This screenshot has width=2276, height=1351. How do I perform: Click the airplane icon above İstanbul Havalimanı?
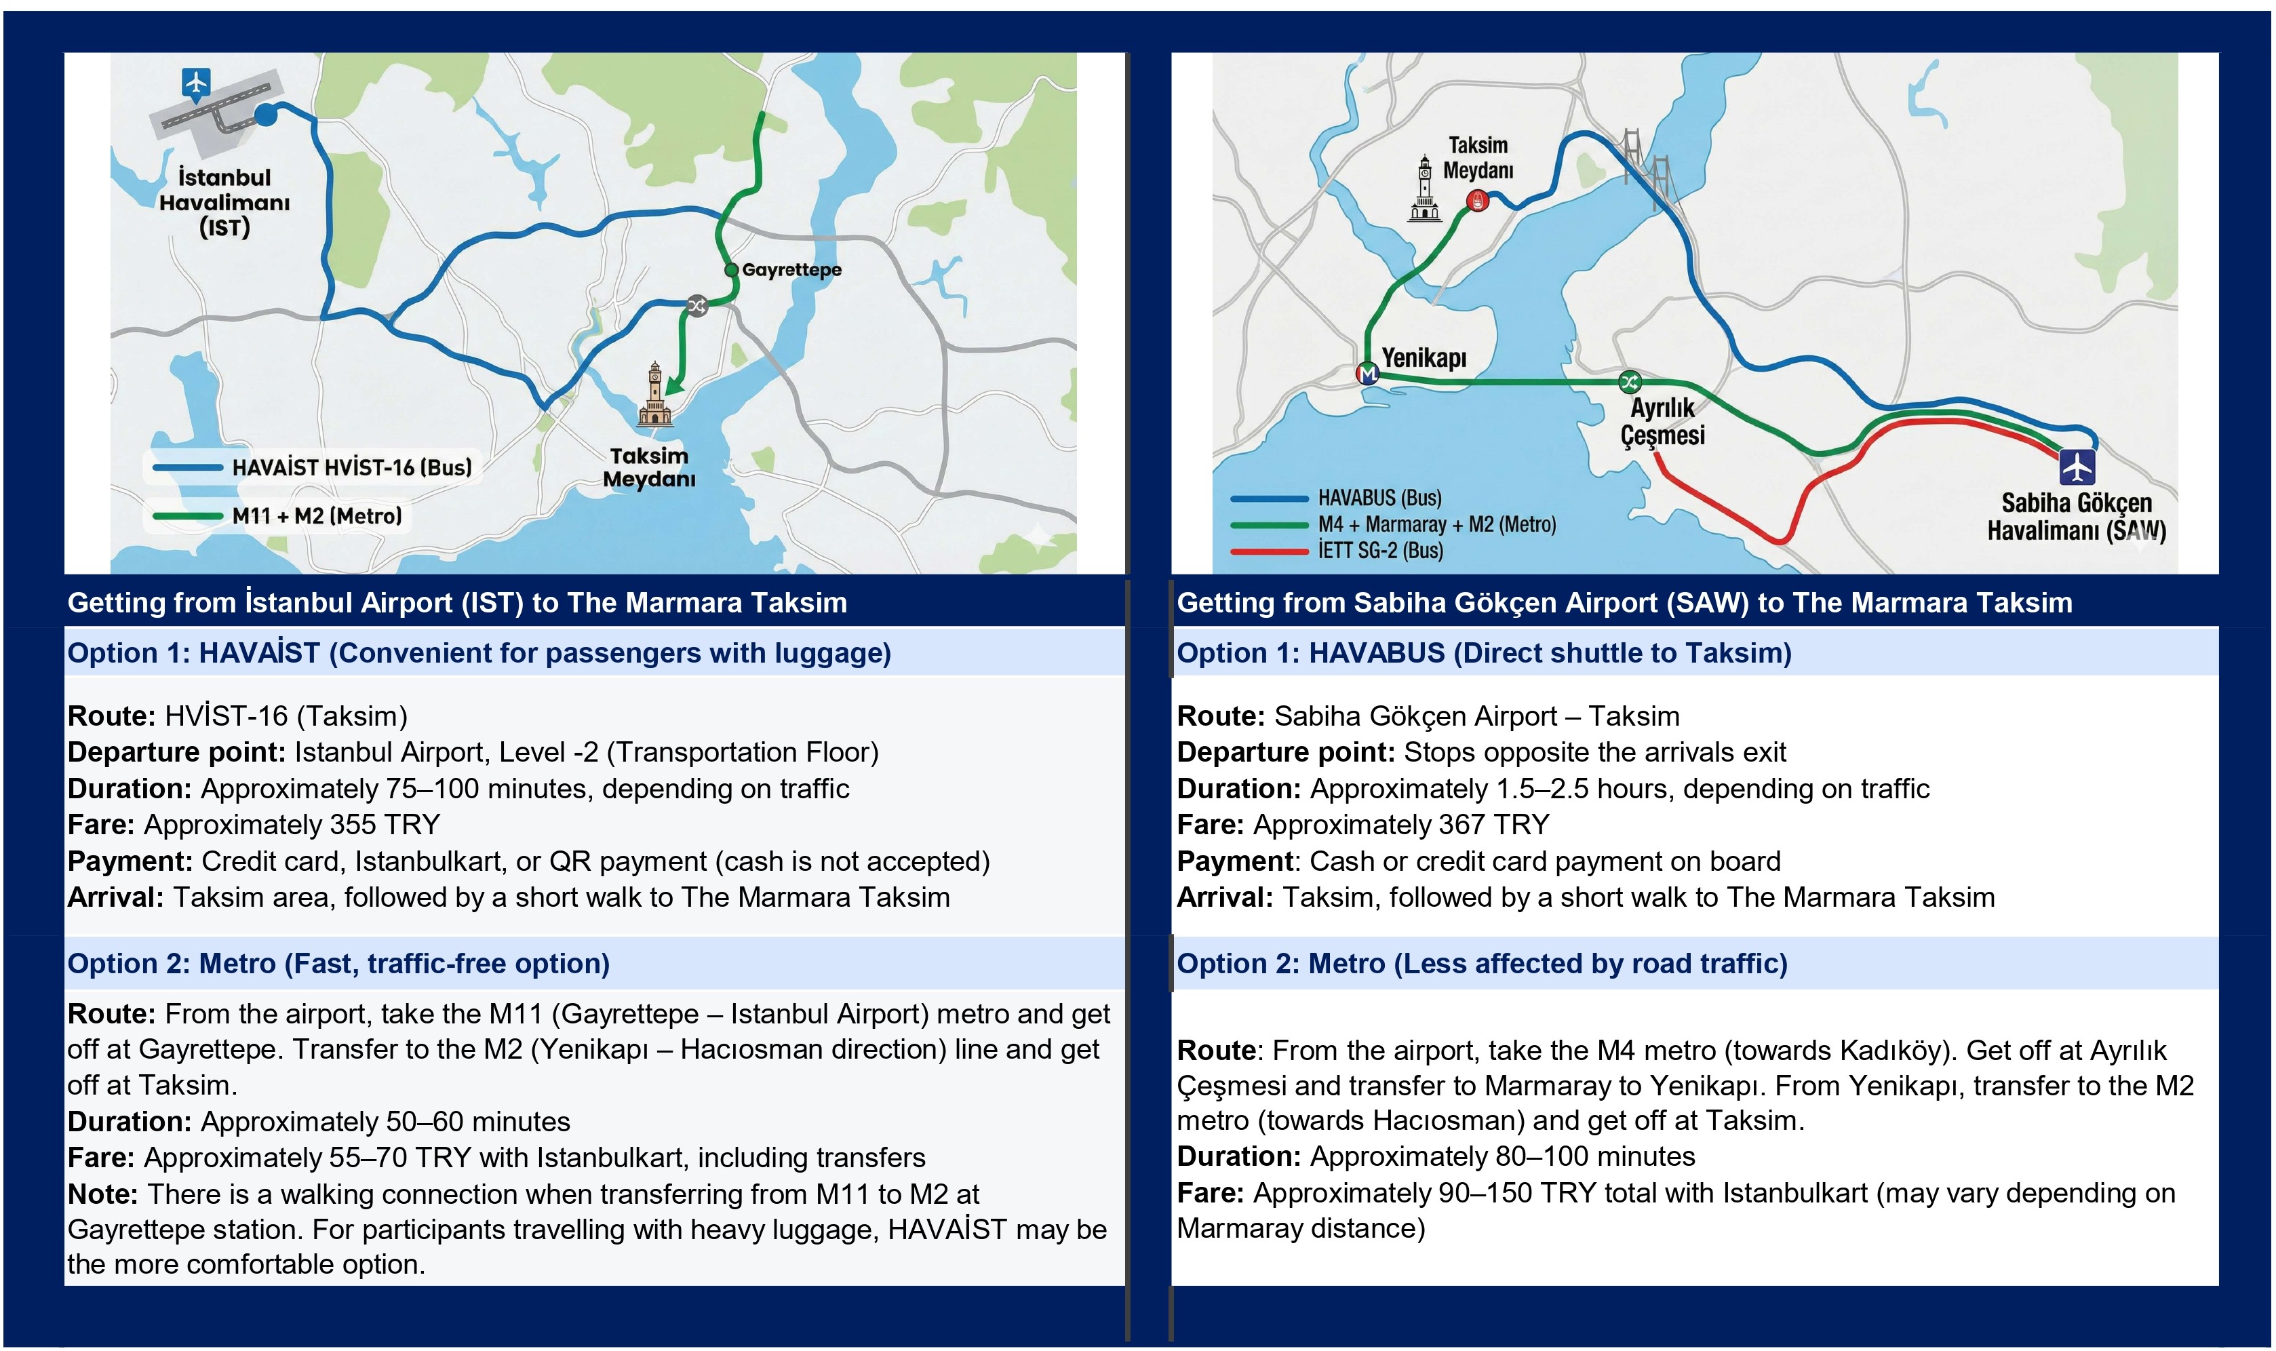coord(196,83)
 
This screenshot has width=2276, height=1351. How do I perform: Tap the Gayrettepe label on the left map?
coord(791,269)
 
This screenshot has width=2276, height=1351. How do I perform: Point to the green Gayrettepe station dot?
coord(731,269)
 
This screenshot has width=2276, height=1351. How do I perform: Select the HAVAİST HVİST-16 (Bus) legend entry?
coord(311,468)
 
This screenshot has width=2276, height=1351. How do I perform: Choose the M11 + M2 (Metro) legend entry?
coord(277,516)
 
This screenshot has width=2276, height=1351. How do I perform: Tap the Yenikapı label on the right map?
coord(1424,358)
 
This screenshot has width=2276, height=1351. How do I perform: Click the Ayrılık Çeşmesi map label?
coord(1662,421)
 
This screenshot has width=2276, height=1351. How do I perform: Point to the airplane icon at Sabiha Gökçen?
coord(2077,467)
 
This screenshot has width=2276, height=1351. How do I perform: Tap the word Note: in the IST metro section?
coord(102,1194)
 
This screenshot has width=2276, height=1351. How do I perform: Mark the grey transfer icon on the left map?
coord(697,305)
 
